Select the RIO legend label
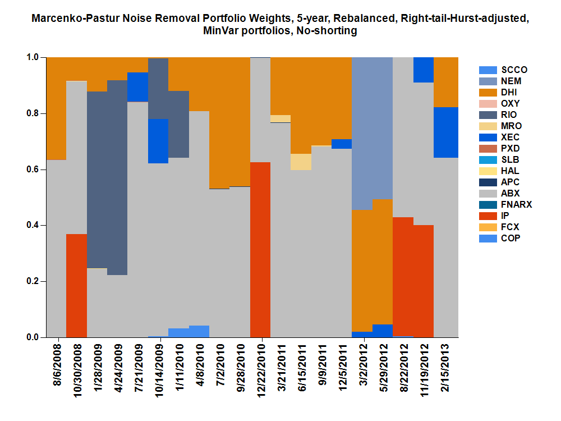[x=509, y=115]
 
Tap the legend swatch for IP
[x=488, y=216]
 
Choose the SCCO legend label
[x=514, y=70]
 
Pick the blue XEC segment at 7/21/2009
[x=138, y=87]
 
